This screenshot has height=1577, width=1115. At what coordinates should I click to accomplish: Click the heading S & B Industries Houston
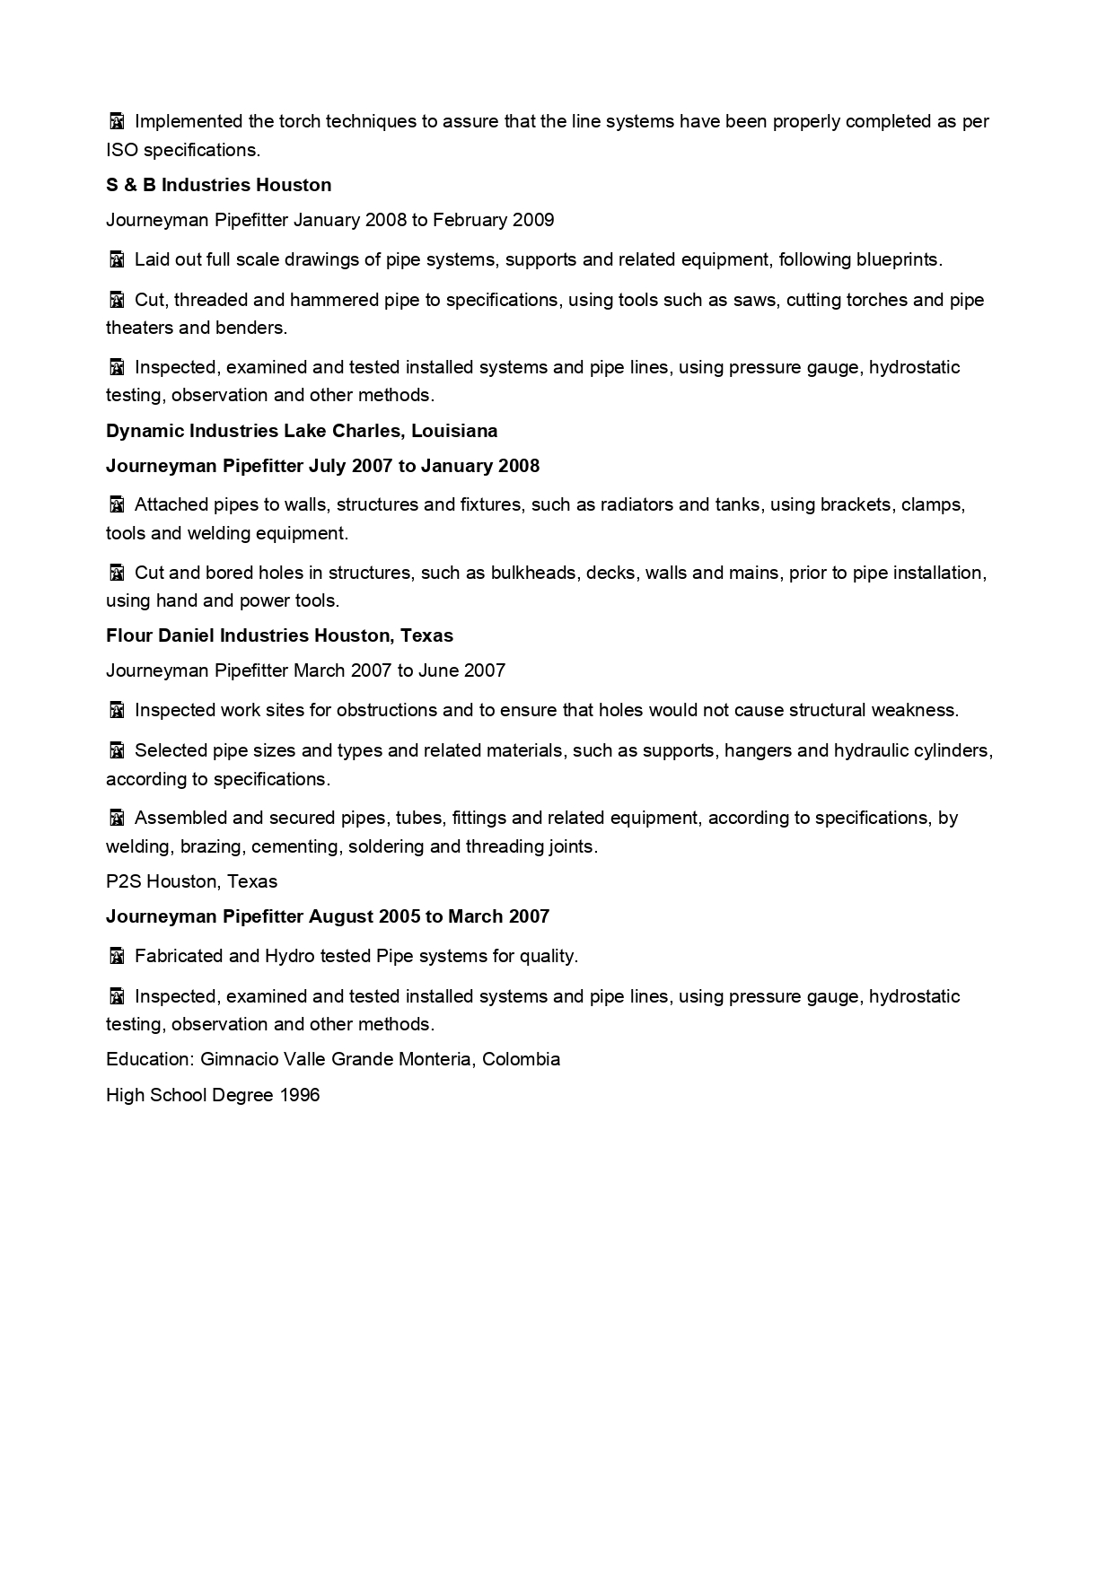(218, 185)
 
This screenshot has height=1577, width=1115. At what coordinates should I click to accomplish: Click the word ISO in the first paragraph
(121, 150)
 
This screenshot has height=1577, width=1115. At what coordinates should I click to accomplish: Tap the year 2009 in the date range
(533, 220)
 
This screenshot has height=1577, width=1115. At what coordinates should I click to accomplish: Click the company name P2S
(123, 881)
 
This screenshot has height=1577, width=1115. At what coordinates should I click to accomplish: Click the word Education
(148, 1059)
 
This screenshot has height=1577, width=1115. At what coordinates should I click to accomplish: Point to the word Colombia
(521, 1059)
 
